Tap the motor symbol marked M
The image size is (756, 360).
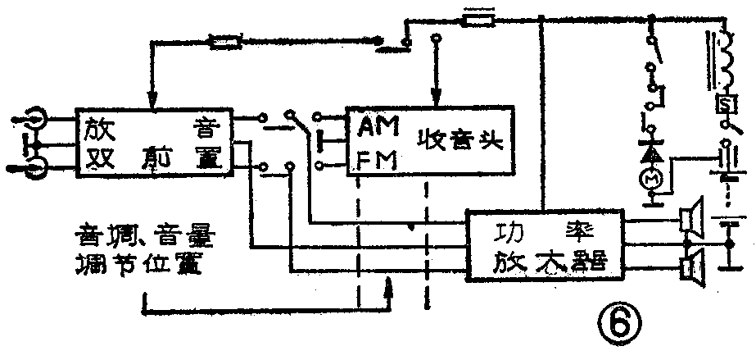click(x=654, y=178)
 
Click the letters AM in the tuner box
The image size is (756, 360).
click(x=378, y=130)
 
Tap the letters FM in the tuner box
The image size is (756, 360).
click(x=378, y=161)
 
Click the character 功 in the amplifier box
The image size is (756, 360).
click(x=508, y=233)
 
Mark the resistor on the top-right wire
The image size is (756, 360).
click(x=478, y=17)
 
